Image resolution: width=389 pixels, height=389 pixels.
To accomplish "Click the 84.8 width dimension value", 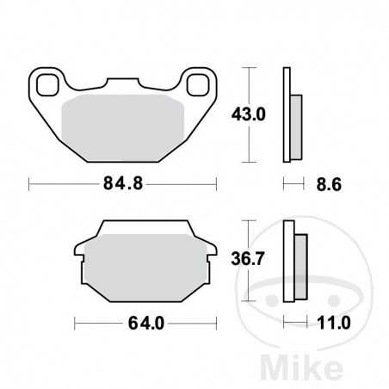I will [121, 183].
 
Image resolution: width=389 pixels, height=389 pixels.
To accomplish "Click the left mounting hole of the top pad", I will [46, 83].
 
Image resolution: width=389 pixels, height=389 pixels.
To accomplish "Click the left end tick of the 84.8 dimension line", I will [29, 183].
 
